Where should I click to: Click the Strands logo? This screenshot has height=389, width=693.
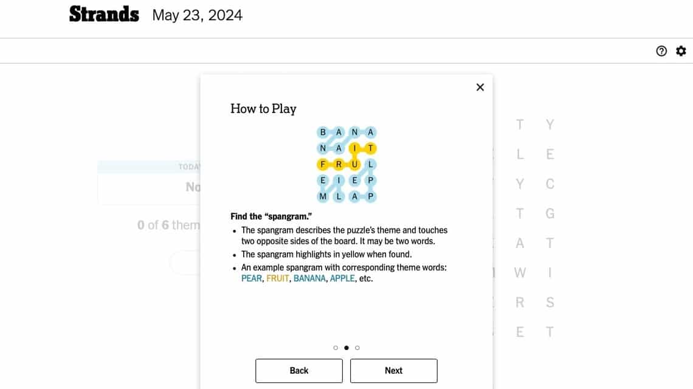104,14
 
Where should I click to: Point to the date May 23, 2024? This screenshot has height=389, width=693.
197,15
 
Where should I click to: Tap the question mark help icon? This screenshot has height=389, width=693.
661,51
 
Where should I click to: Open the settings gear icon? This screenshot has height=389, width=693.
681,51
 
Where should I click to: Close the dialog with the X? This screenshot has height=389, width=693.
480,87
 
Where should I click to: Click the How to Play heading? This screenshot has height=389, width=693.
263,109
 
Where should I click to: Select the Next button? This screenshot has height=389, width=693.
393,371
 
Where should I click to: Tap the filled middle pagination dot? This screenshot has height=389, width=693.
346,348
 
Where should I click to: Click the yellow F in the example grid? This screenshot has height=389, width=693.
323,164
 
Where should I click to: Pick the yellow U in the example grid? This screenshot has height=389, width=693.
355,164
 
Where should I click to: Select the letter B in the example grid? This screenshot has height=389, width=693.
323,132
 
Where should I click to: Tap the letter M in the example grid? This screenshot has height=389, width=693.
323,196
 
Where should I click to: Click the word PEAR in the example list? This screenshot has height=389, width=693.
252,279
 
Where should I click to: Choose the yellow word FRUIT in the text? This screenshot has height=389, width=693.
277,279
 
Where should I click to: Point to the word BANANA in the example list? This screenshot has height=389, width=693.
309,279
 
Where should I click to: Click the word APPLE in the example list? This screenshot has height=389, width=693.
342,279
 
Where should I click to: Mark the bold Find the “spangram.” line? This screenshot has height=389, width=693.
272,216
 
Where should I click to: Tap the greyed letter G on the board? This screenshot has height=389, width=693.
550,213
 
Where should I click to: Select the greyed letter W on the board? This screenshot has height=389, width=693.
520,273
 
